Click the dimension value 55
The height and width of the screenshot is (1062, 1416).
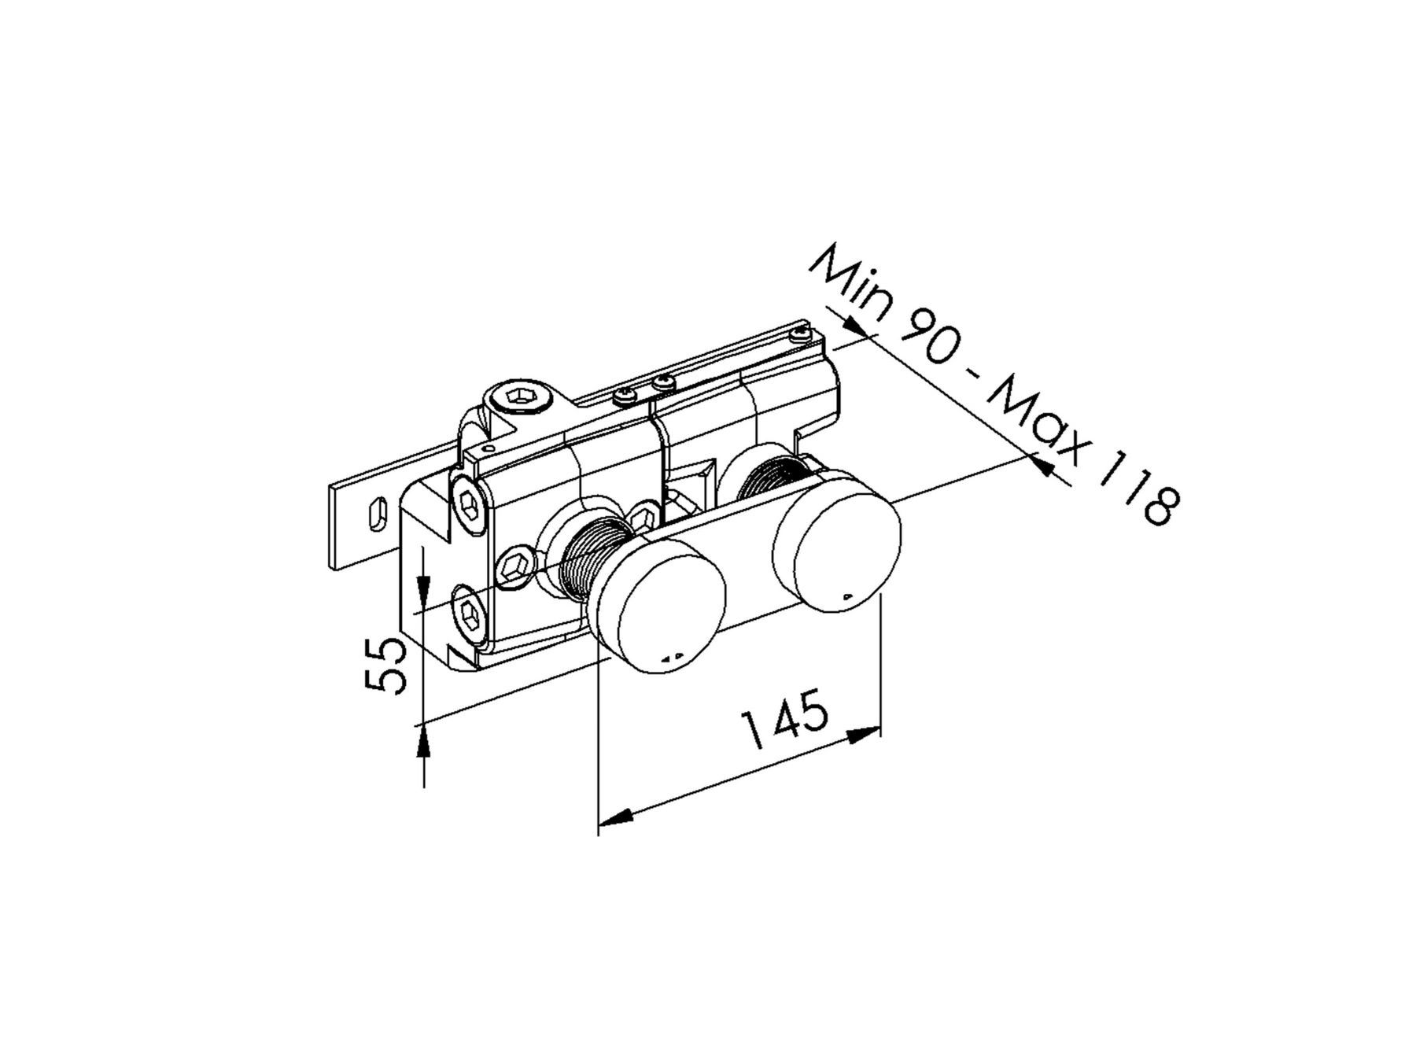[x=386, y=666]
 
